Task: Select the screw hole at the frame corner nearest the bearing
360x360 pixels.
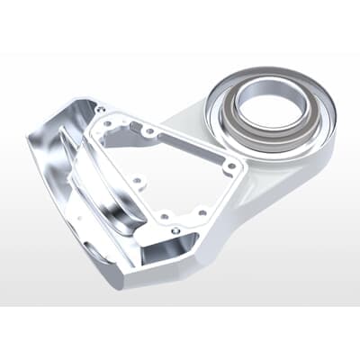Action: pos(230,166)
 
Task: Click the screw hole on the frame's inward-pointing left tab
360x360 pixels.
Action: pos(137,180)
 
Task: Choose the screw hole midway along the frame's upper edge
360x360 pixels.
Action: pos(148,132)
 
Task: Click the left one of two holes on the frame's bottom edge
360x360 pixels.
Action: pos(165,215)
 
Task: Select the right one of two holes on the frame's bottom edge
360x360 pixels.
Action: pos(201,212)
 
